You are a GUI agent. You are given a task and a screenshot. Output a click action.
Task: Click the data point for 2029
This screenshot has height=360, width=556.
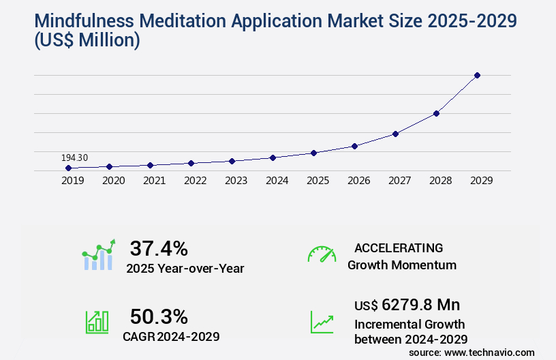tap(477, 75)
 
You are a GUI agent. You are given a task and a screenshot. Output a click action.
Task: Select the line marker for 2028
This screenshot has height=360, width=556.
tap(436, 113)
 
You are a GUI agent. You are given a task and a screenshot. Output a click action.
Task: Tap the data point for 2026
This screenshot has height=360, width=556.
tap(354, 146)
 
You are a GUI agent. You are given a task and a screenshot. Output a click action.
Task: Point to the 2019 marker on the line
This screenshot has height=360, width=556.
tap(68, 168)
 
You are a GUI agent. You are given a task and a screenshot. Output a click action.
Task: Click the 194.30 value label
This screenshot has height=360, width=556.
tap(74, 157)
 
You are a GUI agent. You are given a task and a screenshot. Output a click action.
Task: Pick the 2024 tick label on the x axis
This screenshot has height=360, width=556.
tap(277, 181)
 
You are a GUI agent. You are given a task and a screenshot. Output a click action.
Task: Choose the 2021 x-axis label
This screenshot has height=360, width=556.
tap(154, 181)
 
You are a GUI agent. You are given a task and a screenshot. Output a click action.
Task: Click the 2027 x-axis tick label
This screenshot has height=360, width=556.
tap(399, 181)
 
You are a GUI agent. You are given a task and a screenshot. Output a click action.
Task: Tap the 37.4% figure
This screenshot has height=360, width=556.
tap(159, 248)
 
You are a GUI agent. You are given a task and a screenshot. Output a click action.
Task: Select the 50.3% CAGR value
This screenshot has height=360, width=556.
tap(159, 316)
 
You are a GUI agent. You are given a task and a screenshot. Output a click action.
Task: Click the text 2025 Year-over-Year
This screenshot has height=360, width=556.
tap(185, 269)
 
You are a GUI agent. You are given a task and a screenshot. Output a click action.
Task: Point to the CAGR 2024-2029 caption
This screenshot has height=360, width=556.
tap(171, 336)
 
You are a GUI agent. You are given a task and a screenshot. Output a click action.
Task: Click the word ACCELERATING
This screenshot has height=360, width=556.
tap(399, 247)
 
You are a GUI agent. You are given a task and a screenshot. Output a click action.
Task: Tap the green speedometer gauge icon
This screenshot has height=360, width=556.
tap(322, 254)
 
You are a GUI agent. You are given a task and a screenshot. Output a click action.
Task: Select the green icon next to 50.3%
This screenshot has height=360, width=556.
tap(96, 322)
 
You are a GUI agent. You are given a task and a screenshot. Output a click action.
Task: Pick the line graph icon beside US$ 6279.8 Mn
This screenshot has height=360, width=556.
tap(322, 322)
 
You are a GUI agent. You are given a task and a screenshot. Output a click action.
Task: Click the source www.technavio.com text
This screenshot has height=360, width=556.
tap(472, 352)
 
